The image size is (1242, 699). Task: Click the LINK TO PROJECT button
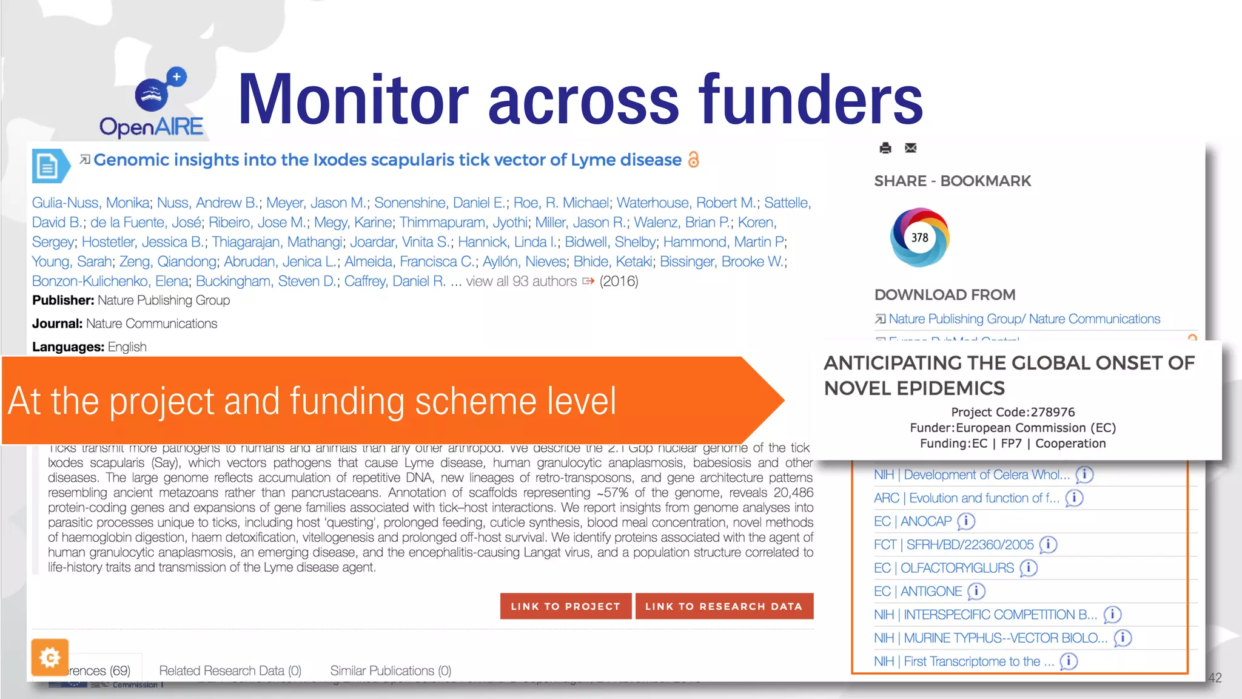click(565, 606)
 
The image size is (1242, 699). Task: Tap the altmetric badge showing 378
click(919, 237)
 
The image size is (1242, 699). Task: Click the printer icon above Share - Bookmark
click(885, 148)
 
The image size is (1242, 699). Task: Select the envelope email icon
click(910, 148)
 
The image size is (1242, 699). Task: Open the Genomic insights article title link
click(388, 160)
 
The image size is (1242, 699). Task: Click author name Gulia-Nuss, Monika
click(91, 203)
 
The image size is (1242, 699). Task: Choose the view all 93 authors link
click(522, 281)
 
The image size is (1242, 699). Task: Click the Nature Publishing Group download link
click(1024, 319)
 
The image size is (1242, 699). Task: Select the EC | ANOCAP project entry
click(913, 521)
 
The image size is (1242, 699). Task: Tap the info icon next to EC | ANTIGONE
click(976, 591)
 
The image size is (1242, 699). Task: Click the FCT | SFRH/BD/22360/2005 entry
click(953, 545)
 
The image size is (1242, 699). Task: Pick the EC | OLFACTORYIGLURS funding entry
click(944, 568)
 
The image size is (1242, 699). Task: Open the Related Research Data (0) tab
click(230, 670)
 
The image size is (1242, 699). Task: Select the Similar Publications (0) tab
click(391, 670)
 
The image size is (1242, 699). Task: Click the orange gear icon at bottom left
click(50, 657)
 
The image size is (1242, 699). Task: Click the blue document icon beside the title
click(49, 166)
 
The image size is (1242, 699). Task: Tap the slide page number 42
click(1215, 678)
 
